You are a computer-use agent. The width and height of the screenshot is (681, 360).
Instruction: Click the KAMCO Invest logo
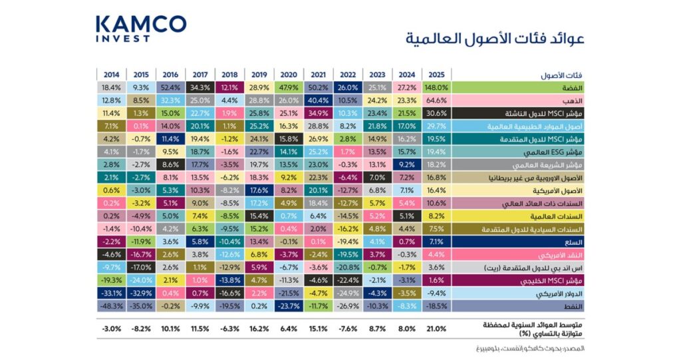[x=140, y=29]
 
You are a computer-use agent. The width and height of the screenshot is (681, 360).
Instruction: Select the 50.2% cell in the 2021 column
[x=317, y=87]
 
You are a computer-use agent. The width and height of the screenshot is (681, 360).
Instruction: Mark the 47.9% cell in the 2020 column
[x=287, y=87]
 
